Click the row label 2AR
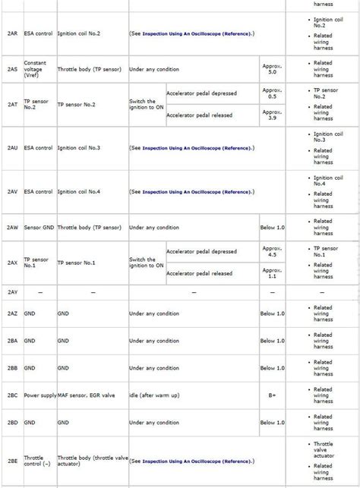pos(12,34)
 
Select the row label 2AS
pos(12,69)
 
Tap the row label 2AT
pos(12,104)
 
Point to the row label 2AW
pos(12,227)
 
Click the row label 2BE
pos(12,461)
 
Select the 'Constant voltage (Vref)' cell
pos(38,69)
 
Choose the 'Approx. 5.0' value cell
pos(272,69)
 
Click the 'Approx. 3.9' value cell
pos(272,115)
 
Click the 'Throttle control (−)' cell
pos(38,461)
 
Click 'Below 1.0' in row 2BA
pos(272,340)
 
